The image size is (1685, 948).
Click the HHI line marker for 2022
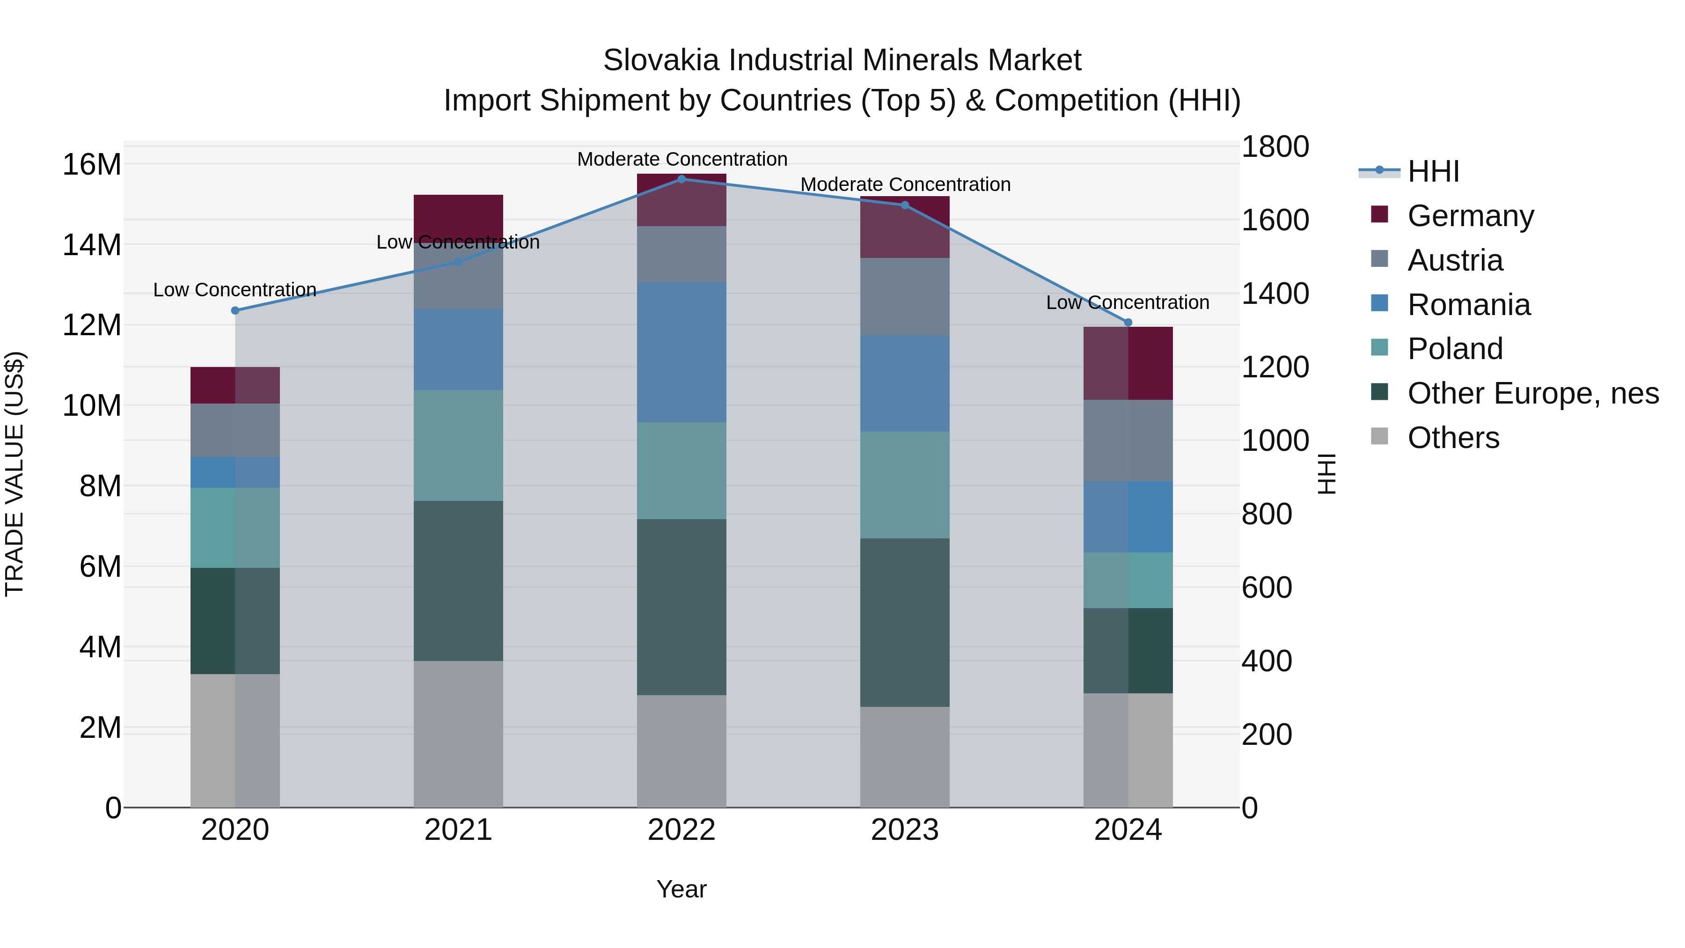pyautogui.click(x=681, y=179)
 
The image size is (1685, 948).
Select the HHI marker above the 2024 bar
pyautogui.click(x=1128, y=322)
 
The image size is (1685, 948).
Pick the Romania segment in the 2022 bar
pyautogui.click(x=681, y=352)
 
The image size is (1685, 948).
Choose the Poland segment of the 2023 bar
pyautogui.click(x=905, y=485)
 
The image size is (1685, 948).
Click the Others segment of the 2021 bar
pyautogui.click(x=458, y=734)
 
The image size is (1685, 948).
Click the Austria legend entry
pyautogui.click(x=1455, y=260)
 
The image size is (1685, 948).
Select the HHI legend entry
pyautogui.click(x=1433, y=171)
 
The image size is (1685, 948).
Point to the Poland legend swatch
pyautogui.click(x=1379, y=347)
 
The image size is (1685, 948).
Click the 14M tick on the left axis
pyautogui.click(x=92, y=245)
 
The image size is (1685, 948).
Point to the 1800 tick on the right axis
pyautogui.click(x=1275, y=147)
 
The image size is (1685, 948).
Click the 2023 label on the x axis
pyautogui.click(x=905, y=830)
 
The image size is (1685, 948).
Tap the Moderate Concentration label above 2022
pyautogui.click(x=681, y=159)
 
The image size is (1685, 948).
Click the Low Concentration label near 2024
pyautogui.click(x=1127, y=302)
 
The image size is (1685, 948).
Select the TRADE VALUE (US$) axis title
pyautogui.click(x=15, y=474)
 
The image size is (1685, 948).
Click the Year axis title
pyautogui.click(x=681, y=889)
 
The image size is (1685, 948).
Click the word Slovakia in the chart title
pyautogui.click(x=661, y=60)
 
